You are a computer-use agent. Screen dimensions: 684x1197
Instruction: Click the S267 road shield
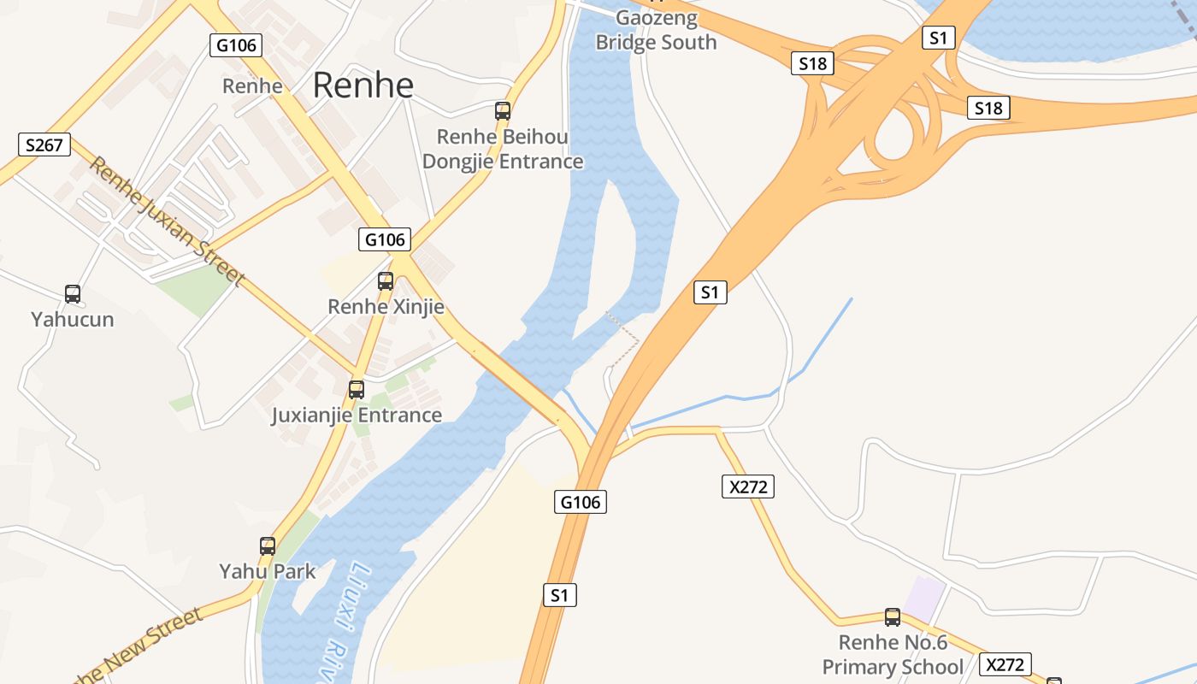[44, 144]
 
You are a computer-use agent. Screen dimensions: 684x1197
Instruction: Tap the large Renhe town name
[363, 85]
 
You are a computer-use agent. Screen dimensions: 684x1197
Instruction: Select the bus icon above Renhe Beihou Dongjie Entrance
[503, 110]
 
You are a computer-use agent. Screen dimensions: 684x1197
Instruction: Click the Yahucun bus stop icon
[73, 294]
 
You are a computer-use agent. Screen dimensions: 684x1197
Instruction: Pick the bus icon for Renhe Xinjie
[386, 280]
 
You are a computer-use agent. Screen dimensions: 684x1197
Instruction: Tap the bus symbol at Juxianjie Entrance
[357, 390]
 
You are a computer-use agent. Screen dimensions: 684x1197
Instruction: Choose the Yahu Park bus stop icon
[268, 545]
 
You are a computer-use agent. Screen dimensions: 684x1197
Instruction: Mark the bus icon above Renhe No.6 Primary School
[893, 616]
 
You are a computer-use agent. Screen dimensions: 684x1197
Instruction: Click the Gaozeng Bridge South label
[657, 30]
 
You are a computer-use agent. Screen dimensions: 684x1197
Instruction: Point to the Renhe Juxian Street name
[167, 221]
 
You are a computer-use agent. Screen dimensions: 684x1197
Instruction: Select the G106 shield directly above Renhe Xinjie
[386, 239]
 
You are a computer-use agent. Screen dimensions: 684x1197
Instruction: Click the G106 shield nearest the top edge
[236, 45]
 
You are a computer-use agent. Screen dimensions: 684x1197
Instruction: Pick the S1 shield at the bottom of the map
[559, 595]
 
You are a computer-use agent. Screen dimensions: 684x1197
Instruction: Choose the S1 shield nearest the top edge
[938, 38]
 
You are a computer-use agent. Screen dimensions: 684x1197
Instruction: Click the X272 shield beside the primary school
[1005, 664]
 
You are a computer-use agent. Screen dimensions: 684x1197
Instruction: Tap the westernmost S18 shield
[812, 62]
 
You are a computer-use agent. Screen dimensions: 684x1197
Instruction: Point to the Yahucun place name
[73, 320]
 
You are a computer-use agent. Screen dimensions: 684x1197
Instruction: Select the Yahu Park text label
[268, 571]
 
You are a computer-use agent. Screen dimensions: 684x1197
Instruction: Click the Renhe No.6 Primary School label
[893, 655]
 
